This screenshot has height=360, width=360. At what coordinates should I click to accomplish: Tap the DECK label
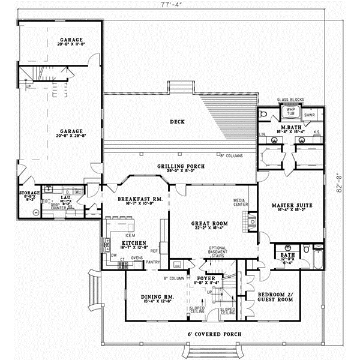point(177,122)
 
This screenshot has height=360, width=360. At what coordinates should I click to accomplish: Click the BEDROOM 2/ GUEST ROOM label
point(275,298)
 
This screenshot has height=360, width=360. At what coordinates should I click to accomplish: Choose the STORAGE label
point(29,194)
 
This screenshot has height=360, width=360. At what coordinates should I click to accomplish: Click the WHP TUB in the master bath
point(291,112)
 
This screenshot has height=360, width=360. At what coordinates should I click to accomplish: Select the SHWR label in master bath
point(310,114)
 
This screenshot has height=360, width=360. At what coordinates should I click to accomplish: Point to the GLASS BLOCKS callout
point(290,100)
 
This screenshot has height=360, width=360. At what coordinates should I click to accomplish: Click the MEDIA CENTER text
point(241,203)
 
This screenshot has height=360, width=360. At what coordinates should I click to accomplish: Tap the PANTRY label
point(152,262)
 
